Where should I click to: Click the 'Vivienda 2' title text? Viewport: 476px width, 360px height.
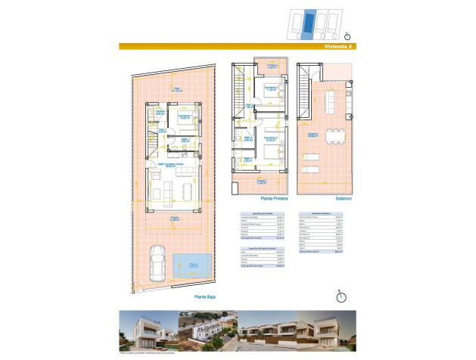[337, 46]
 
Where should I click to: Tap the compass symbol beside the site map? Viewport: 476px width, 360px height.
[347, 36]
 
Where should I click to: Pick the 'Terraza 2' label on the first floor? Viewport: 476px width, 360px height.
[271, 66]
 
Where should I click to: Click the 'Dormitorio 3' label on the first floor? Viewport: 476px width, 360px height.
[270, 88]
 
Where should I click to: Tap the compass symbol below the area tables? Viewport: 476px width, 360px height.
[342, 296]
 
